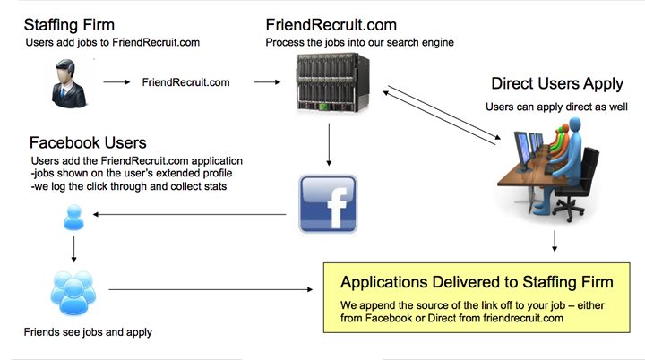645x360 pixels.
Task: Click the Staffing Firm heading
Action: coord(68,23)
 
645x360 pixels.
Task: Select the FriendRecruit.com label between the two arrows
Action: coord(186,82)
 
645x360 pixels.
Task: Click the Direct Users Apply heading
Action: coord(557,84)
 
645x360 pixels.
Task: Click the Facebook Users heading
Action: coord(88,142)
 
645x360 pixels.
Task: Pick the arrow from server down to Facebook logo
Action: coord(330,146)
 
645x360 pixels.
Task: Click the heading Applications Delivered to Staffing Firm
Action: coord(477,282)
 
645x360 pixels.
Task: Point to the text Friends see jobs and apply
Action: coord(88,332)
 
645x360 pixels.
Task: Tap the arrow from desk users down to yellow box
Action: coord(555,241)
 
